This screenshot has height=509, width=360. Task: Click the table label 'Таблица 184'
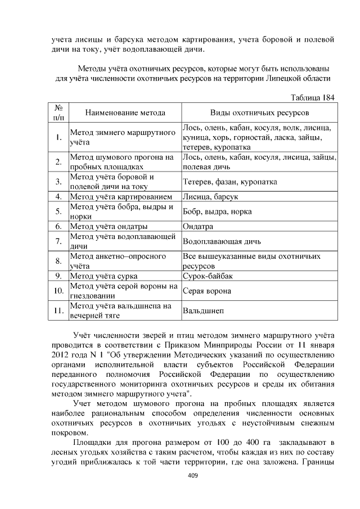pos(312,97)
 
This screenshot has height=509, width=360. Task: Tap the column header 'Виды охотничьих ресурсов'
pos(259,112)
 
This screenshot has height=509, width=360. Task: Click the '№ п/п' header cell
pos(58,112)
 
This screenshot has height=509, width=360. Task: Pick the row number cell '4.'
pos(58,197)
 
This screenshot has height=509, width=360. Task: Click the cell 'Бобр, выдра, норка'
pos(217,212)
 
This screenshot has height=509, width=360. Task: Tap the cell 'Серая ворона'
pos(206,291)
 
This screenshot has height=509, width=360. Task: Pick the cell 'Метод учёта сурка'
pos(103,276)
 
